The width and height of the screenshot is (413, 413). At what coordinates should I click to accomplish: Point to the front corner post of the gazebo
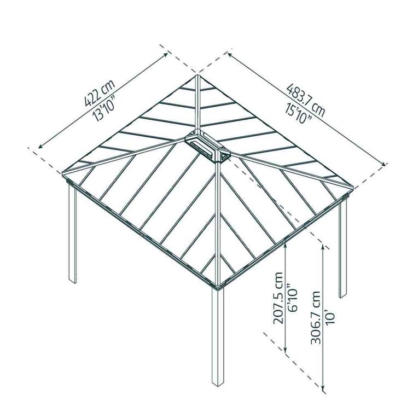218,336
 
